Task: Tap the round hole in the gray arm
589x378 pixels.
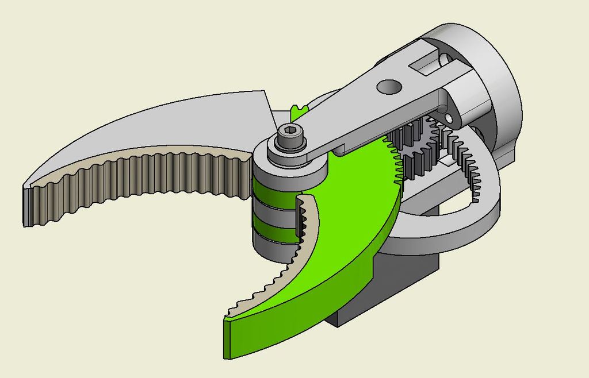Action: coord(389,86)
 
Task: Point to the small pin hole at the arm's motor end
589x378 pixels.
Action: coord(449,118)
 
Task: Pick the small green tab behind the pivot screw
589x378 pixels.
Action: coord(297,111)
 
